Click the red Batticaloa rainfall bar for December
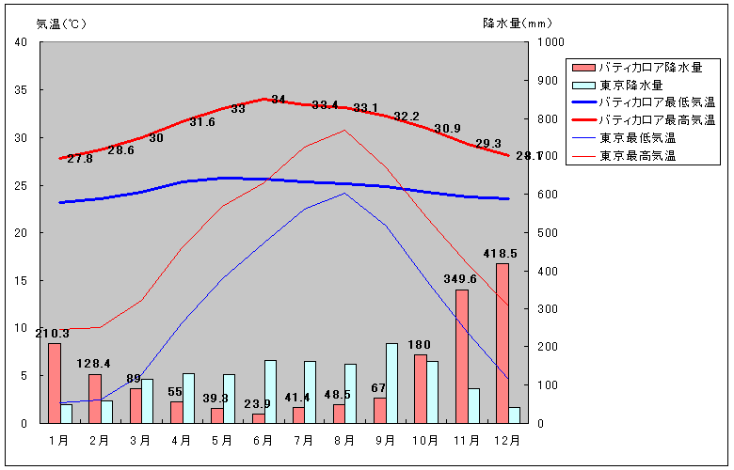pos(503,343)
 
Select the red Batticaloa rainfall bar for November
pos(461,356)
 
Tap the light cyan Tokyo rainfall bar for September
pos(391,383)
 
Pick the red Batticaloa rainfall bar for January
pos(55,383)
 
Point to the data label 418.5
pos(501,254)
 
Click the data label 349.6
pos(460,279)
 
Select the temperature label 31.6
pos(202,122)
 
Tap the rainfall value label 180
pos(419,344)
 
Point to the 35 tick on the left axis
pos(22,90)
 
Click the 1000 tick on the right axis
pos(550,43)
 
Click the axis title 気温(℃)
pos(61,23)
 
